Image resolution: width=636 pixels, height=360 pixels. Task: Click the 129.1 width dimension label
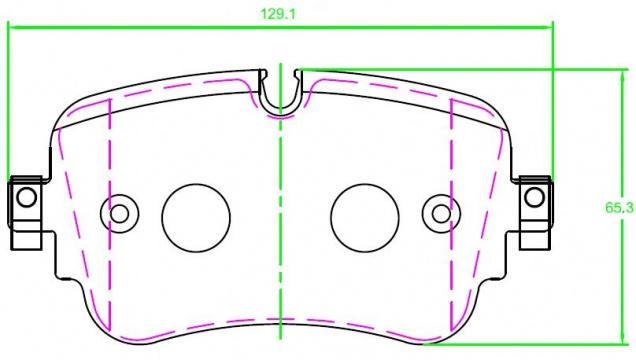coord(278,14)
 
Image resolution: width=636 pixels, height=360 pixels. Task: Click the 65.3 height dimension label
coord(619,208)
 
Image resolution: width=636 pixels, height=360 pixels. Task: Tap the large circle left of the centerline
coord(196,218)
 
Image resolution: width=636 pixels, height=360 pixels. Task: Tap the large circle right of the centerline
coord(365,218)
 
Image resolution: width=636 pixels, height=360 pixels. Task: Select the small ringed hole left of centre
coord(119,214)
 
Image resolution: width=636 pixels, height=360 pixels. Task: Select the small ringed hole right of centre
coord(441,214)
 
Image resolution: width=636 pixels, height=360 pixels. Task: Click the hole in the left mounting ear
coord(27,197)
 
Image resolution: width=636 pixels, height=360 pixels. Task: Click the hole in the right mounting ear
coord(534,197)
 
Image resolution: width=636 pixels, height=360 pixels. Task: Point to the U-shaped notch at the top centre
coord(281,105)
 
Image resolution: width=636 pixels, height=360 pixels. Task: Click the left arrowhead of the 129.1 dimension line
coord(12,28)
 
